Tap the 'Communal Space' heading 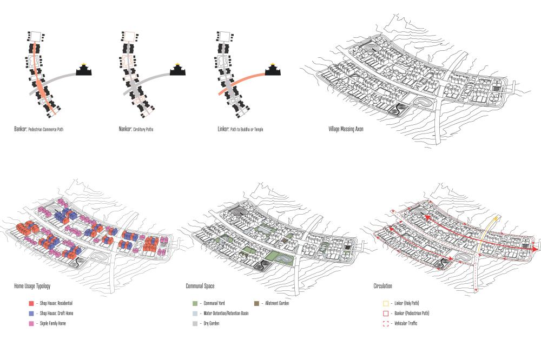(201, 285)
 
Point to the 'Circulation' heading (382, 285)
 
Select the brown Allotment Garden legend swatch (256, 303)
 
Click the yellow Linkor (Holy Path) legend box (385, 303)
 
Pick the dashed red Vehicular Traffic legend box (385, 323)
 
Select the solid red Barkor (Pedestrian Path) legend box (385, 313)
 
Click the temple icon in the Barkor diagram (84, 71)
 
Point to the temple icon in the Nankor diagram (179, 71)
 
